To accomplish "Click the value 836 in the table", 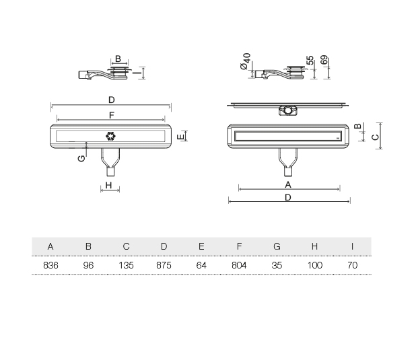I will coord(50,266).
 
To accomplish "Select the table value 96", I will coord(88,266).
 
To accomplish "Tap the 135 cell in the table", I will coord(126,266).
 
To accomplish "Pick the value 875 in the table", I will coord(164,266).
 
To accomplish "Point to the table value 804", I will coord(239,266).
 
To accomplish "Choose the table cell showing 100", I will coord(314,266).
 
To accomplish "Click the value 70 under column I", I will coord(352,266).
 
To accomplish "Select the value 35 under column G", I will coord(277,266).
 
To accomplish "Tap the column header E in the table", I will coord(201,246).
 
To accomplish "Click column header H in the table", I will coord(314,246).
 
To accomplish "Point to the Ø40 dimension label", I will coord(246,63).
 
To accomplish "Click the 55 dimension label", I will coord(310,61).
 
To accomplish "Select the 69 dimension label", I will coord(324,61).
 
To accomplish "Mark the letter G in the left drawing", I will coord(81,159).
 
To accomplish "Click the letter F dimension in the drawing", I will coord(110,115).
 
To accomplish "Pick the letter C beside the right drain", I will coord(375,136).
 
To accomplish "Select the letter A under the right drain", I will coord(287,184).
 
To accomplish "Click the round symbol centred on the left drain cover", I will coord(110,136).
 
